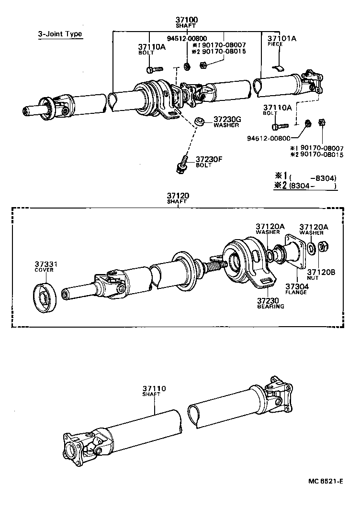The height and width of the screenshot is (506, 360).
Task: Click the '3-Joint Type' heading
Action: [x=60, y=34]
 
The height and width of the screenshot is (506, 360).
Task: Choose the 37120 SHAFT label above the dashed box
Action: [x=178, y=198]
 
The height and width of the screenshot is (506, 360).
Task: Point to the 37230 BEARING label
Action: [x=270, y=303]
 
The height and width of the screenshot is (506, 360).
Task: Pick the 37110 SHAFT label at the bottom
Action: [x=154, y=391]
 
